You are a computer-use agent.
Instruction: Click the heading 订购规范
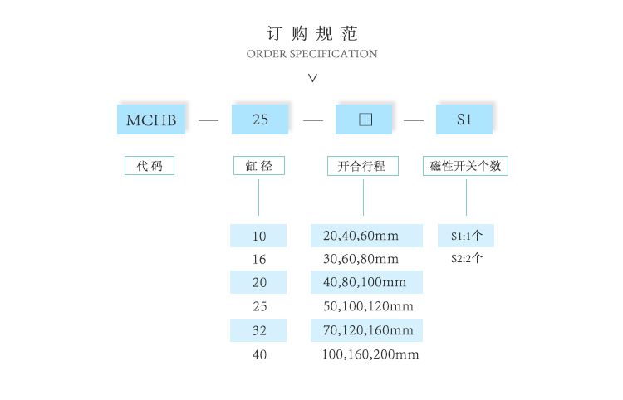(311, 34)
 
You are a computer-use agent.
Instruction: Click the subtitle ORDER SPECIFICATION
(311, 54)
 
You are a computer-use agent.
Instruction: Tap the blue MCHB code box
(151, 120)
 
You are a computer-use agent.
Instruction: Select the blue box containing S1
(464, 120)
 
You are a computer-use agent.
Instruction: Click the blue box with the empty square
(364, 120)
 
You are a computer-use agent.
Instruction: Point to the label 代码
(150, 166)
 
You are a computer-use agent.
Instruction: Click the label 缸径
(259, 166)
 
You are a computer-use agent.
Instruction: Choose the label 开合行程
(363, 166)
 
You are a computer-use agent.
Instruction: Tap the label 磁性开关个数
(465, 166)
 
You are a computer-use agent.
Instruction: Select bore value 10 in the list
(259, 236)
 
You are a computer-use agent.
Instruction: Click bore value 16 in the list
(259, 259)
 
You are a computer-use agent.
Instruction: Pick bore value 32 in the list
(259, 330)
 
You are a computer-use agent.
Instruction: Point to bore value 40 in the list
(259, 354)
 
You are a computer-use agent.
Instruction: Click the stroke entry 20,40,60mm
(361, 236)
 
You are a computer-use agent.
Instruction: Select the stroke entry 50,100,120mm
(368, 306)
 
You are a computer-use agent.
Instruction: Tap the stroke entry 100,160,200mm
(370, 354)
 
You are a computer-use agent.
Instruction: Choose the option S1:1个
(466, 236)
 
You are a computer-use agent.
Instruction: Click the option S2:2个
(466, 258)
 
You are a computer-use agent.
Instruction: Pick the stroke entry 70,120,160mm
(368, 330)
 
